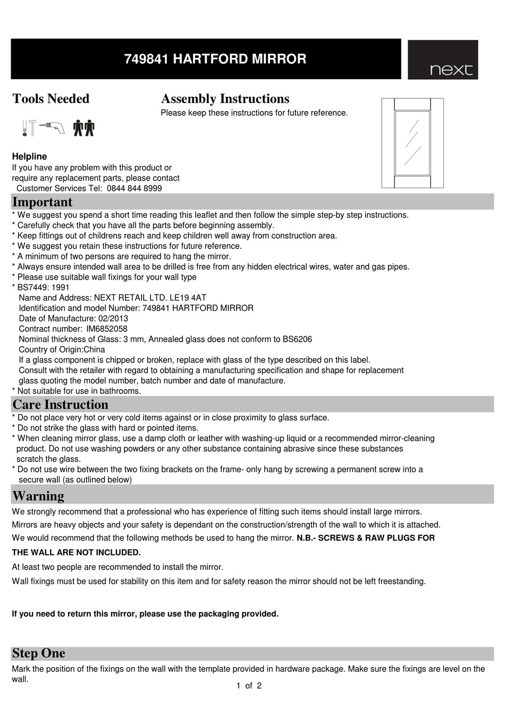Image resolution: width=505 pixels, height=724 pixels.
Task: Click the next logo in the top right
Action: tap(443, 60)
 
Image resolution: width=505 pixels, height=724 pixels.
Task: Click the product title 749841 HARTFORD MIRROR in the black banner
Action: tap(215, 59)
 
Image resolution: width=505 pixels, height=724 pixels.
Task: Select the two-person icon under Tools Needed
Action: tap(84, 128)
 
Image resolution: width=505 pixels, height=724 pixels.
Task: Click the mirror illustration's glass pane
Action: tap(413, 143)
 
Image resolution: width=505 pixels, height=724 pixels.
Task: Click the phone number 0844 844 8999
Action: tap(134, 188)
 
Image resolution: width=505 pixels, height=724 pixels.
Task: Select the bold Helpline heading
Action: tap(29, 156)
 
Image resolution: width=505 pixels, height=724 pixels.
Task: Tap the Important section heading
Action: tap(42, 202)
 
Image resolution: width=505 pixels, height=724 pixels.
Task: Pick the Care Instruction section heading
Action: tap(60, 405)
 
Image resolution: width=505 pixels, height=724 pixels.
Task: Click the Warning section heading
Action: tap(38, 496)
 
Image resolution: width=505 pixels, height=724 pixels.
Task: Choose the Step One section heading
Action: tap(39, 653)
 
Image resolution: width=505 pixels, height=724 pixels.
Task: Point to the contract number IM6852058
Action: tap(107, 329)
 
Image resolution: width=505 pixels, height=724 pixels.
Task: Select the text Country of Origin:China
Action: tap(62, 349)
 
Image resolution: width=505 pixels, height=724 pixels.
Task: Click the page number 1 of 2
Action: tap(249, 686)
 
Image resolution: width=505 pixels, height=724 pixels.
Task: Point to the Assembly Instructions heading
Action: tap(225, 99)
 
